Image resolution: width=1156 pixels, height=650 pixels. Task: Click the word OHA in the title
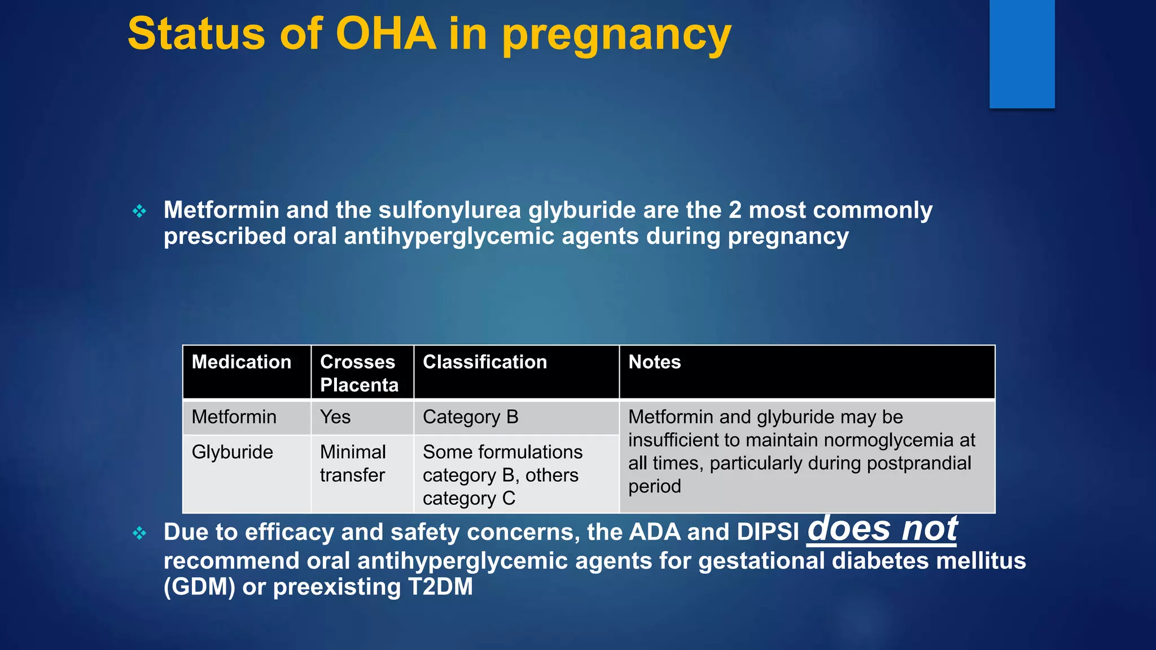click(x=386, y=34)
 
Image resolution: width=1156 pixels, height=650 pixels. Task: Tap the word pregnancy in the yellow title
click(x=616, y=35)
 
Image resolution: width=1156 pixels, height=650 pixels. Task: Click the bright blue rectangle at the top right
click(x=1022, y=54)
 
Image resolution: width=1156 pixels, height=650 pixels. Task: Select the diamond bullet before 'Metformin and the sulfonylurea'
click(x=139, y=212)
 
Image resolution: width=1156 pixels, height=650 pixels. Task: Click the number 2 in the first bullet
click(x=735, y=210)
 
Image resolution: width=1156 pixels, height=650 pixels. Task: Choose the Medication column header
click(x=242, y=362)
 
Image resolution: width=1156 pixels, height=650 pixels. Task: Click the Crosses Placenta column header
click(x=360, y=373)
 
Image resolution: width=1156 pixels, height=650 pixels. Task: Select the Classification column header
click(x=485, y=362)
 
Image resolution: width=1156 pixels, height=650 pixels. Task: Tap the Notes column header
click(x=655, y=362)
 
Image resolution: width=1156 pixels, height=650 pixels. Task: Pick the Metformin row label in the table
click(x=234, y=417)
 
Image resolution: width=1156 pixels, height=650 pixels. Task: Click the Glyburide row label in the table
click(x=233, y=452)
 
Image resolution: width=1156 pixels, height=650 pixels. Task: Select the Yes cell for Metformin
click(x=335, y=417)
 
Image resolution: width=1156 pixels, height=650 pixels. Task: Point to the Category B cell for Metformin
click(x=470, y=417)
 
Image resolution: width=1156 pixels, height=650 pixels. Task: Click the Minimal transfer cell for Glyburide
click(x=353, y=463)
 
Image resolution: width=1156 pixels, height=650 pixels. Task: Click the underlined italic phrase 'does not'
click(x=882, y=529)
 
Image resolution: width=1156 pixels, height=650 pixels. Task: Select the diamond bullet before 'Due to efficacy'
click(x=139, y=533)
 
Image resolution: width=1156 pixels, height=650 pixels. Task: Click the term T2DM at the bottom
click(x=440, y=587)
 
